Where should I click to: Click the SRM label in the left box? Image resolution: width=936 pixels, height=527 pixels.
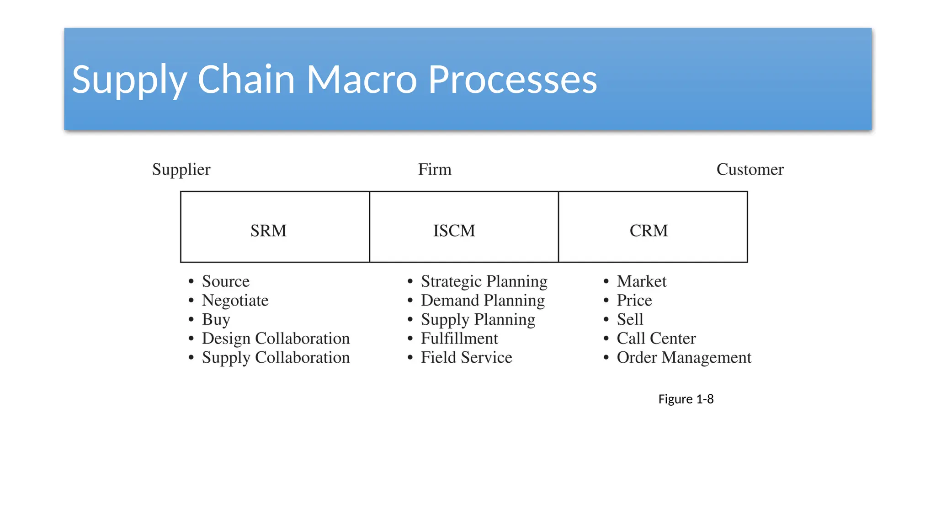point(268,231)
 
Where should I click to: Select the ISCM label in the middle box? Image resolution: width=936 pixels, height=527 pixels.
point(454,231)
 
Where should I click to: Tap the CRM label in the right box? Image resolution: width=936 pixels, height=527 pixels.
point(649,231)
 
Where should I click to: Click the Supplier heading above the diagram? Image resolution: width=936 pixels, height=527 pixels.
point(181,170)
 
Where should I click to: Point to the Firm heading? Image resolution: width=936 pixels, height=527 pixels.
point(435,169)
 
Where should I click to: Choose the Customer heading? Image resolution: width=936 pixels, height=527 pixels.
point(750,169)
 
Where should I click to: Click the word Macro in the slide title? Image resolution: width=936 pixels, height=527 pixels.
point(362,80)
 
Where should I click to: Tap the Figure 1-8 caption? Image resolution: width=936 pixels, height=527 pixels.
point(686,399)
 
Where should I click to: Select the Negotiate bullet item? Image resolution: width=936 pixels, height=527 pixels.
point(235,301)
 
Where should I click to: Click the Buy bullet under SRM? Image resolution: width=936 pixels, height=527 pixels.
point(216,320)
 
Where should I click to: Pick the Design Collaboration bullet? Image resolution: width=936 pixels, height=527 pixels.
point(276,339)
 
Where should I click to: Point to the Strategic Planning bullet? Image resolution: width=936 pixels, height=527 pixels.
point(484,281)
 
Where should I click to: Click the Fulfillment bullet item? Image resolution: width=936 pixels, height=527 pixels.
point(459,339)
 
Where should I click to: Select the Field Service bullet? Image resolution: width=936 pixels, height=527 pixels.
point(466,357)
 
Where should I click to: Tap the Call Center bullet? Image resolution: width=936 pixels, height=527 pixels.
point(656,339)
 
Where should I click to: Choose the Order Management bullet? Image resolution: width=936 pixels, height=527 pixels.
point(683,357)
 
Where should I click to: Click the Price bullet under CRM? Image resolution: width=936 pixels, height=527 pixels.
point(634,301)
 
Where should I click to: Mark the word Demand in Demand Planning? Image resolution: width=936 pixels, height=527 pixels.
point(450,301)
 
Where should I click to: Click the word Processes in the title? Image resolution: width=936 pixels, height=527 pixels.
point(512,80)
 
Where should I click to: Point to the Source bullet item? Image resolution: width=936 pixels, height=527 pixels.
point(225,281)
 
